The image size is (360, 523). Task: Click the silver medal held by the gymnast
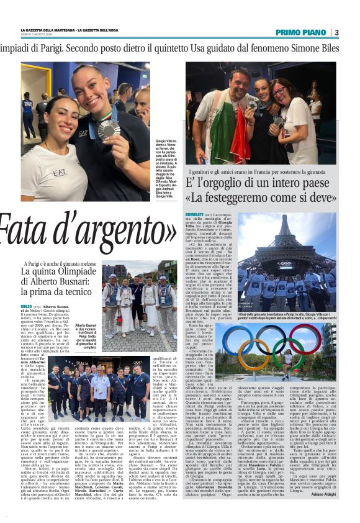pos(109,129)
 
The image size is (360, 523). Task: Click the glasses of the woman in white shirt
pos(277,89)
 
